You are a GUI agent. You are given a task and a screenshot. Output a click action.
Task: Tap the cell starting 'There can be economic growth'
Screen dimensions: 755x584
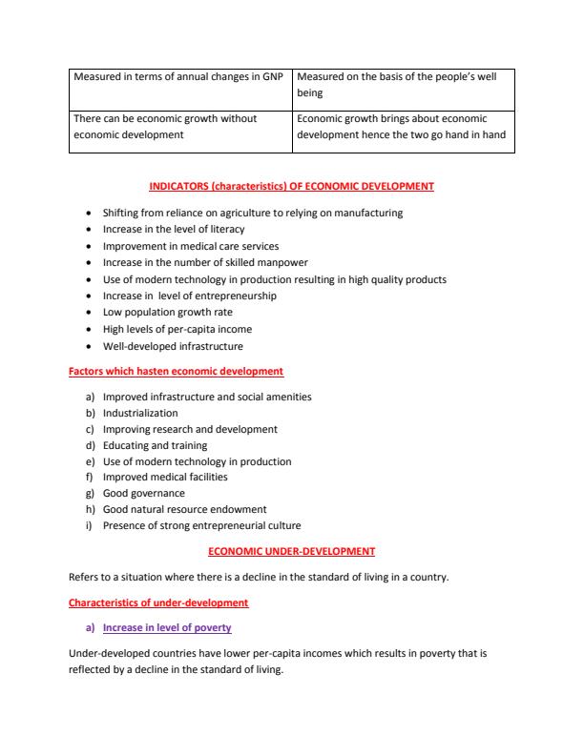pos(178,127)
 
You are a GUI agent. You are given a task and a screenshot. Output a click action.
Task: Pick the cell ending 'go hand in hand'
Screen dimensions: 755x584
pos(405,127)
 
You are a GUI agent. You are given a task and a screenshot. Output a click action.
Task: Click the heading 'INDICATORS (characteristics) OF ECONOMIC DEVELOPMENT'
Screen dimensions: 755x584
pos(292,186)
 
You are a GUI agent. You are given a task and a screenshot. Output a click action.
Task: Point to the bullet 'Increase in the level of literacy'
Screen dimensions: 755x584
pos(173,229)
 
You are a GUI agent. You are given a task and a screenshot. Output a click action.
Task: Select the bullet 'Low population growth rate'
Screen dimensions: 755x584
pos(167,312)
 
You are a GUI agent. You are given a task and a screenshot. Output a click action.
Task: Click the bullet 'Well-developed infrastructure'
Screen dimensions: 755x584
pos(173,346)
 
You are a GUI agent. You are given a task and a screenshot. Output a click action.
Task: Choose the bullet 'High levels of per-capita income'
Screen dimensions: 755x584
pos(178,329)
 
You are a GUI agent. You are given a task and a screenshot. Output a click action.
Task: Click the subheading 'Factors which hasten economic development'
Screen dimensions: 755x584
pos(176,371)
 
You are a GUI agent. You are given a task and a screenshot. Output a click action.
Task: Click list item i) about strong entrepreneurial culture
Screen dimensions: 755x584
pos(201,525)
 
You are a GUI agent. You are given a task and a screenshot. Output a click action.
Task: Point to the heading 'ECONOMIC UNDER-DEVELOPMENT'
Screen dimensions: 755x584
pos(291,551)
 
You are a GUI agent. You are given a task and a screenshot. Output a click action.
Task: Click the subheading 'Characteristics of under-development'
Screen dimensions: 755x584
pos(158,602)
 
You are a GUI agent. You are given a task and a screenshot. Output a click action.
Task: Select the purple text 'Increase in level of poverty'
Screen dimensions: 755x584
pos(167,628)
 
